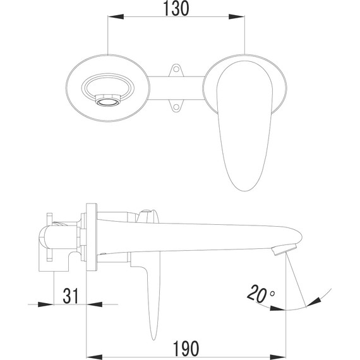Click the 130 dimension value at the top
[176, 10]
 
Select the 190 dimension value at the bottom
[186, 347]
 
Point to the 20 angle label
[255, 294]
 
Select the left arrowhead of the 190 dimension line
[90, 356]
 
